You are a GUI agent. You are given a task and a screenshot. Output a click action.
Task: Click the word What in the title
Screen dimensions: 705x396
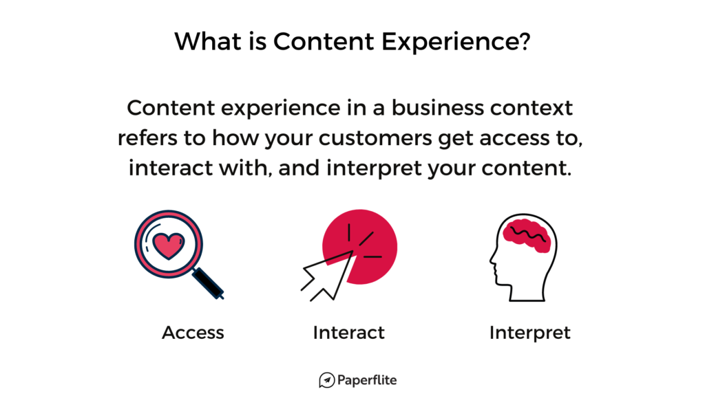(208, 41)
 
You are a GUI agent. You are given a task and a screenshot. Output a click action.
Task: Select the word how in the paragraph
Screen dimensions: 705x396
(235, 137)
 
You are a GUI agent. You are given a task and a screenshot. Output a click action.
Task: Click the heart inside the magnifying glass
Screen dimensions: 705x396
(169, 245)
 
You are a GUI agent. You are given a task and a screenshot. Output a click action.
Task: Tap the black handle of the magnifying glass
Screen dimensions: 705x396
(208, 283)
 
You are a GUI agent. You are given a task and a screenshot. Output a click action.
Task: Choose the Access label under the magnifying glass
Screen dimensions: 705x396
(193, 333)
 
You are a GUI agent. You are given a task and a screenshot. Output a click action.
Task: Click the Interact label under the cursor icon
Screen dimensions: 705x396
(349, 333)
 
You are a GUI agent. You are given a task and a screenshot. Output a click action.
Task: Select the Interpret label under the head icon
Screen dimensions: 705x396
(529, 333)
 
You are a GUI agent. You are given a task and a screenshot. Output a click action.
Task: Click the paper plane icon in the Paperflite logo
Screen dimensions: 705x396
(327, 380)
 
